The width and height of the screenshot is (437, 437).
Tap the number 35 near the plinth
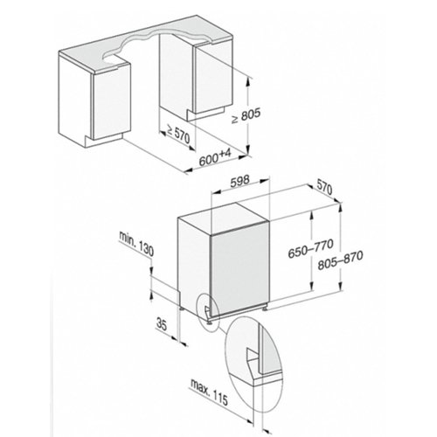[161, 324]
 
